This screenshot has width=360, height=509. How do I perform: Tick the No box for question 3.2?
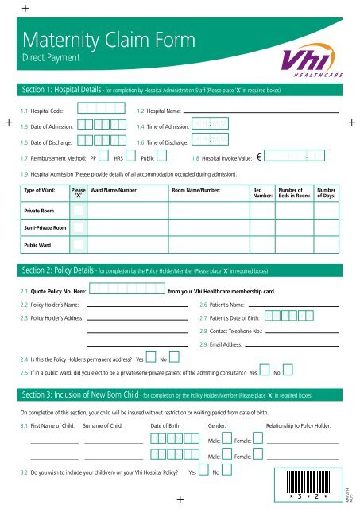[x=226, y=471]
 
